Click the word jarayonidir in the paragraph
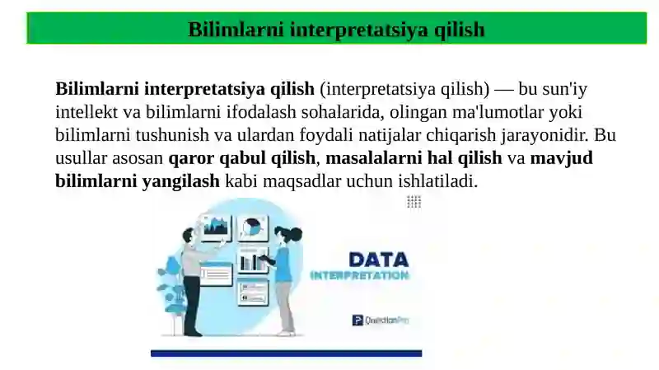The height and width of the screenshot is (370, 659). click(547, 135)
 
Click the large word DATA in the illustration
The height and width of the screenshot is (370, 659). click(378, 260)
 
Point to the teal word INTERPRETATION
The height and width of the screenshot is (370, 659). click(359, 276)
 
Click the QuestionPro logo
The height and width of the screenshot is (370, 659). click(380, 320)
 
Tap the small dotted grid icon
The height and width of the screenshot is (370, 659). click(414, 202)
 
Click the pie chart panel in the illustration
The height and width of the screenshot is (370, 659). click(252, 227)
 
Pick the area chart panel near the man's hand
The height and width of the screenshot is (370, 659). click(217, 225)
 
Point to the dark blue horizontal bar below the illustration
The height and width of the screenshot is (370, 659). click(286, 354)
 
